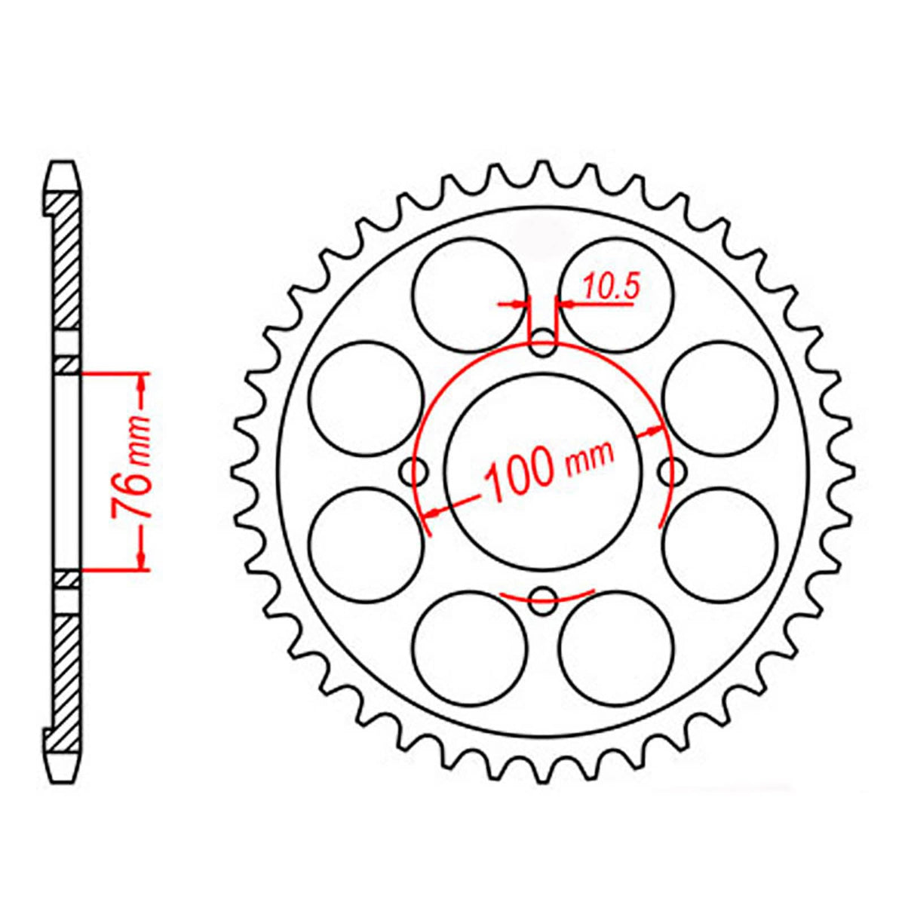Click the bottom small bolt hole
(x=542, y=601)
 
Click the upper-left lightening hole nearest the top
(x=470, y=295)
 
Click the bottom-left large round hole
(x=470, y=648)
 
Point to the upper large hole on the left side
(x=367, y=398)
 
